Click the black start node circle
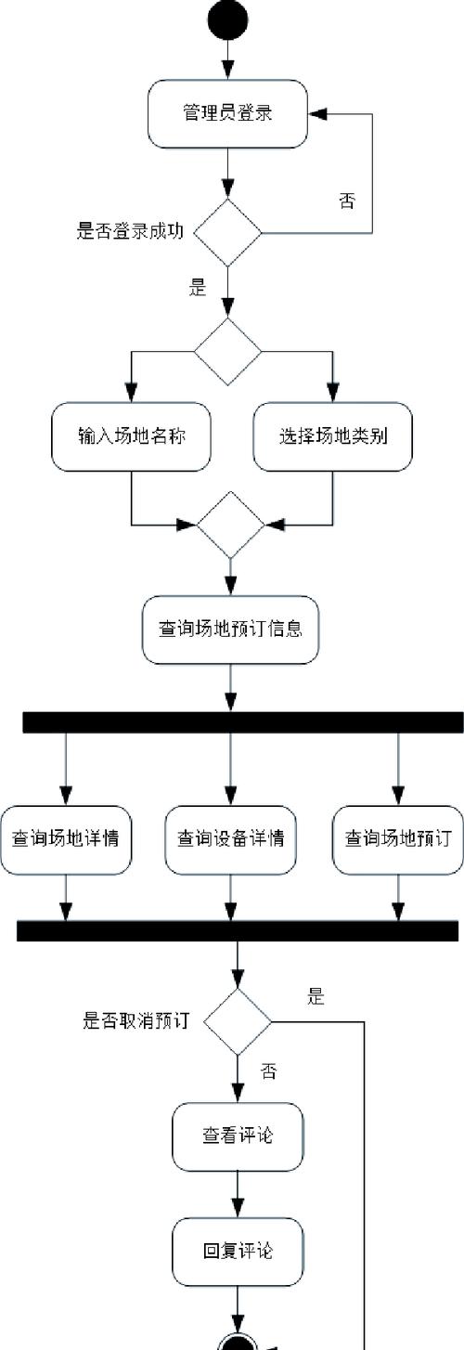point(228,20)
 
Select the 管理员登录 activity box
point(228,113)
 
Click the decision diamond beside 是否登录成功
point(228,232)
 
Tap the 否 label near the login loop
point(346,201)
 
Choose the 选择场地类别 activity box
point(332,436)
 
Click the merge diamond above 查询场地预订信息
point(230,525)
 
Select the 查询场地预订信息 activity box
point(230,630)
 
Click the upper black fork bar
point(242,722)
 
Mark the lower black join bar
point(238,931)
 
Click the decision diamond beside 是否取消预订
point(238,1021)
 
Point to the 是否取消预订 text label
point(136,1021)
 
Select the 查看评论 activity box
point(238,1136)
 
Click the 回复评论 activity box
point(238,1251)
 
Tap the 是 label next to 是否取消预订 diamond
point(316,998)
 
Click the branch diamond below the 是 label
point(228,351)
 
